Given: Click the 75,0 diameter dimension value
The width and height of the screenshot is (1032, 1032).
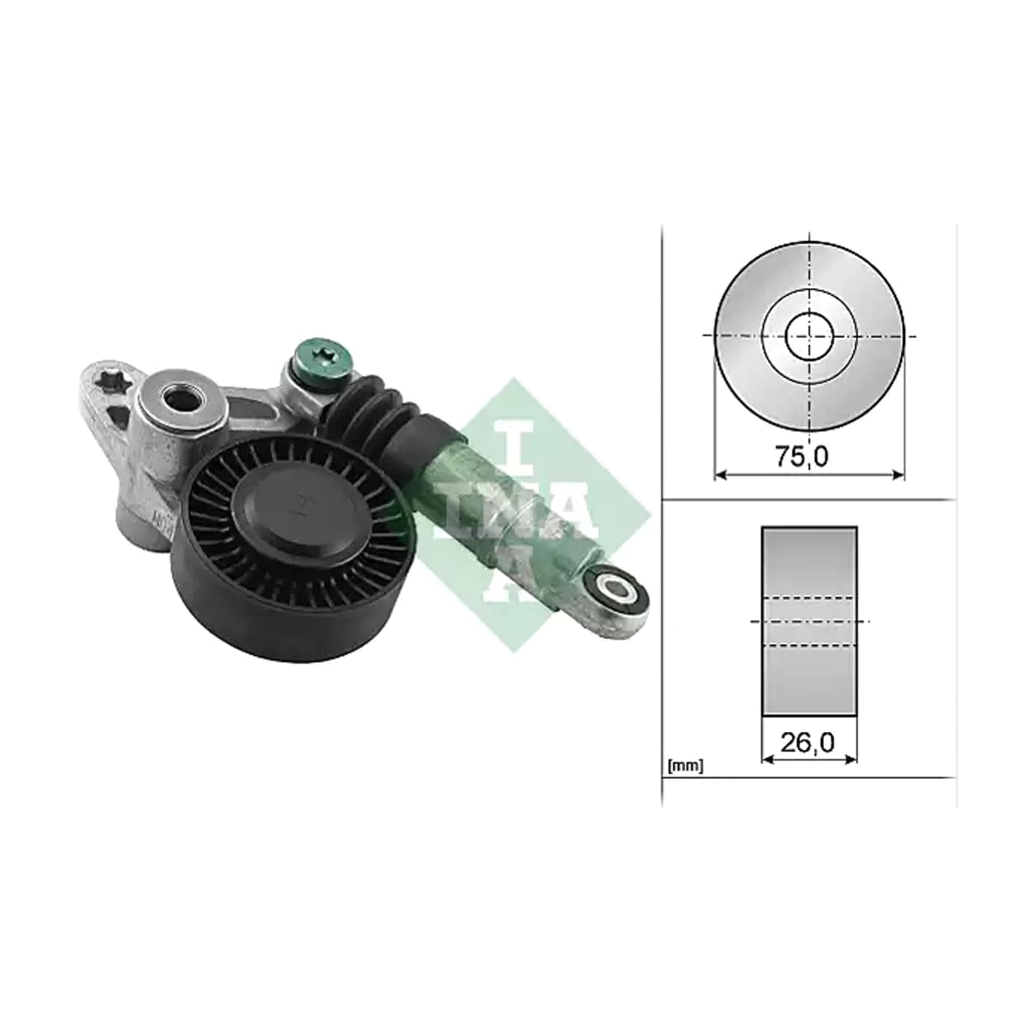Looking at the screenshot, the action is [x=802, y=456].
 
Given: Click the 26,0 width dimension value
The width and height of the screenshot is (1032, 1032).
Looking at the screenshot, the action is [x=808, y=742].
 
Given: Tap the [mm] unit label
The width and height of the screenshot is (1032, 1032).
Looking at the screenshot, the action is [x=685, y=766].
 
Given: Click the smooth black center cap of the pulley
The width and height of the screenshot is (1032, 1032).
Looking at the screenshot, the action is [x=298, y=508].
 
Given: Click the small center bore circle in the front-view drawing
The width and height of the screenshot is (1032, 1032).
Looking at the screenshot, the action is [x=809, y=335].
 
